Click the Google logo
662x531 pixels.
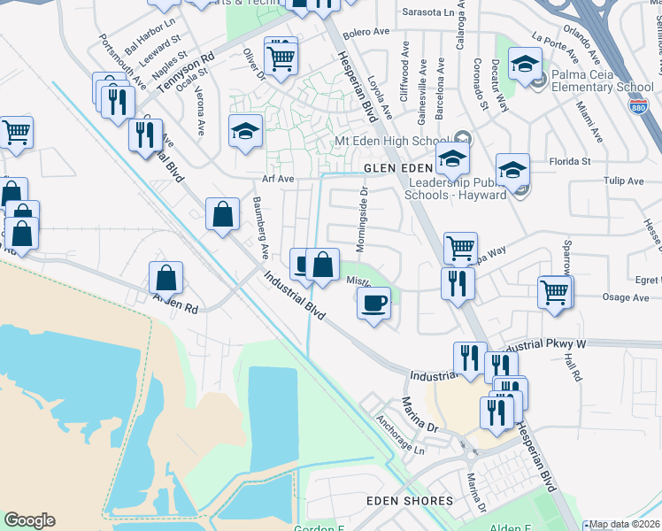(x=29, y=520)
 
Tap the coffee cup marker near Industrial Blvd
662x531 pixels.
(x=373, y=304)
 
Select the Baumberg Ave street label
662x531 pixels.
(x=259, y=228)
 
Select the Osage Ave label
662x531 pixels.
(x=626, y=297)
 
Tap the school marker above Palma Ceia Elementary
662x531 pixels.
(x=526, y=66)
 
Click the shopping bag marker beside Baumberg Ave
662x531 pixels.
(x=222, y=214)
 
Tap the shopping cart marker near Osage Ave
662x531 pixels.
(x=554, y=291)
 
